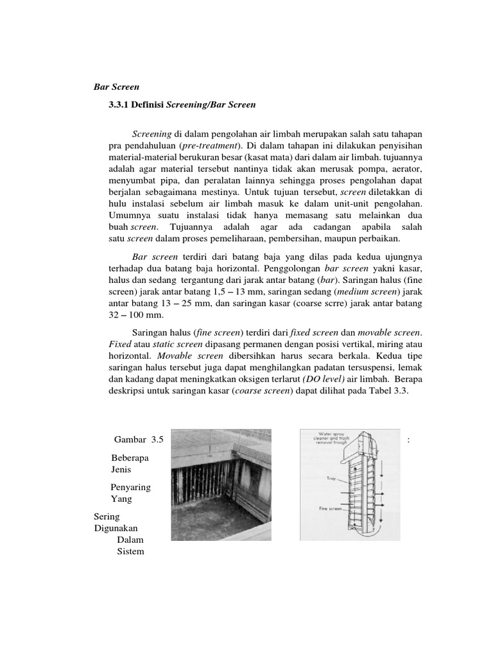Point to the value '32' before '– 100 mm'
point(114,316)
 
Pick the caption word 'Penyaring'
point(131,487)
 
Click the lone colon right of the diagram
point(409,440)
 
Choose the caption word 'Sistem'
point(131,551)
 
